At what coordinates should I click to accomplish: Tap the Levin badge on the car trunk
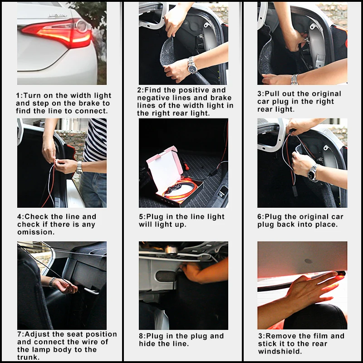pyautogui.click(x=58, y=15)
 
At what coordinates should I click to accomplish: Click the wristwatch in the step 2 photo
pyautogui.click(x=192, y=65)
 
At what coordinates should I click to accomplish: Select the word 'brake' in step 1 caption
pyautogui.click(x=88, y=103)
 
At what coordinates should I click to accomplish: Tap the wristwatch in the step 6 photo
pyautogui.click(x=313, y=173)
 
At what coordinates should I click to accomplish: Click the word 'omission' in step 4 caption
pyautogui.click(x=36, y=232)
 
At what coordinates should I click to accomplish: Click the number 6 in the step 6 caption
pyautogui.click(x=259, y=217)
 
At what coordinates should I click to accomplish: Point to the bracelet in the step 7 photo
pyautogui.click(x=52, y=282)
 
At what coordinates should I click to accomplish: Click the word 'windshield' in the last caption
pyautogui.click(x=280, y=351)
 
